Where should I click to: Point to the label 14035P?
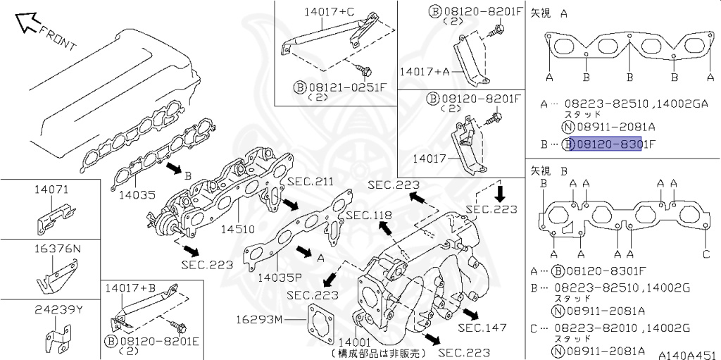(x=279, y=277)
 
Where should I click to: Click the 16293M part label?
(x=258, y=321)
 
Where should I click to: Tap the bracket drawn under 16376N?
(x=56, y=275)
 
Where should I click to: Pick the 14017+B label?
(x=131, y=287)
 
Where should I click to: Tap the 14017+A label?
(x=424, y=71)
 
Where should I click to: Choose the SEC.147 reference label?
(x=482, y=328)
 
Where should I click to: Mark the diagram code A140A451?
(x=687, y=354)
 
